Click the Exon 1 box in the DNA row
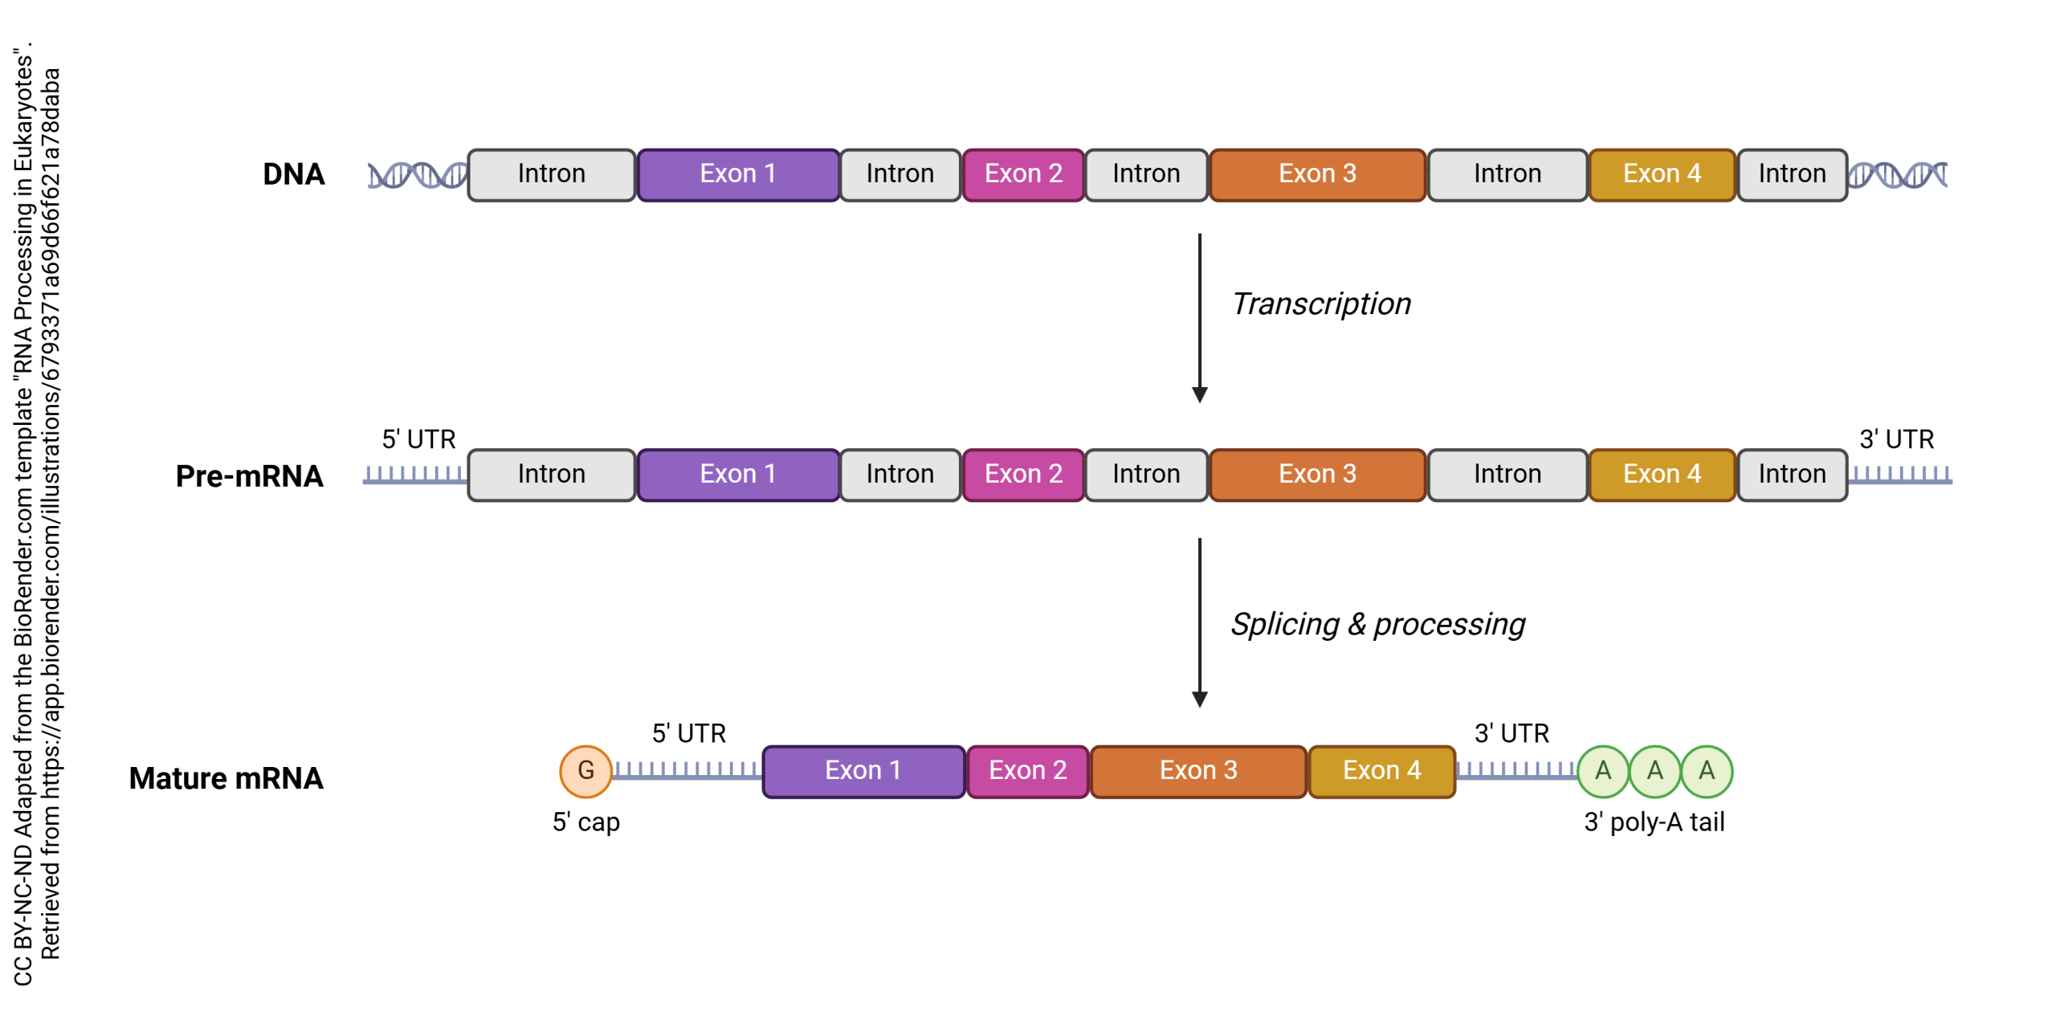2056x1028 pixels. click(737, 174)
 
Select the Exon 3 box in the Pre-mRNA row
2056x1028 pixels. click(1317, 475)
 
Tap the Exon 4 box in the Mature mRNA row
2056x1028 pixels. click(1381, 771)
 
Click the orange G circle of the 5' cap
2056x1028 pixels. click(585, 771)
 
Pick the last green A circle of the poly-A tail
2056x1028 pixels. click(1706, 771)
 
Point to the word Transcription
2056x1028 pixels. click(1321, 304)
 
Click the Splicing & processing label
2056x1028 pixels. click(1377, 625)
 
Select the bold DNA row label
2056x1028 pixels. click(293, 174)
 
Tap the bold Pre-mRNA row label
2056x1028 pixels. click(249, 476)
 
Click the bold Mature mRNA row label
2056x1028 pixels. click(226, 778)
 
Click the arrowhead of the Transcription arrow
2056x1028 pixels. click(1199, 394)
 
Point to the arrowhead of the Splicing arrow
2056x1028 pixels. click(1199, 699)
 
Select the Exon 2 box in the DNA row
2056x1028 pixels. click(1023, 174)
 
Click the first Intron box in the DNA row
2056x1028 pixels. click(551, 174)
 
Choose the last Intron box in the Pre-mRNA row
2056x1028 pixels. click(1791, 475)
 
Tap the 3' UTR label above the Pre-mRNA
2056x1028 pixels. click(1896, 439)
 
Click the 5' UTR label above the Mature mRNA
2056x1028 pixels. click(688, 733)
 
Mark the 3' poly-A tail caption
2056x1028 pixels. click(1654, 822)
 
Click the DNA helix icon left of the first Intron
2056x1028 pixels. click(417, 175)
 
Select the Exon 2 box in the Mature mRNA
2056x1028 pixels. click(1027, 771)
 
